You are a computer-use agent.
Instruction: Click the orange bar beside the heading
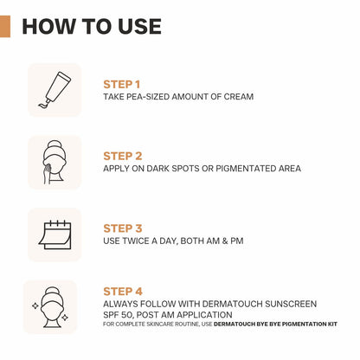click(x=5, y=26)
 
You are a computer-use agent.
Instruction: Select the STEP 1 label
click(x=122, y=84)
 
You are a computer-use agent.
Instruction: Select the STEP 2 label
click(x=123, y=156)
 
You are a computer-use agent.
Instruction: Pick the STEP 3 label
click(x=123, y=228)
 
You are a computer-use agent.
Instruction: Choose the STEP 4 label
click(x=123, y=292)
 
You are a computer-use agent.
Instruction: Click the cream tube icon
click(x=55, y=90)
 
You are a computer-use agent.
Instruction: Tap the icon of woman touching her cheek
click(x=55, y=163)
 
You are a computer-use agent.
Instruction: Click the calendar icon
click(x=55, y=235)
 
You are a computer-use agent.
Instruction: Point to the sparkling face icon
click(x=55, y=306)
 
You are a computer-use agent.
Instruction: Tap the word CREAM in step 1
click(x=237, y=97)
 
